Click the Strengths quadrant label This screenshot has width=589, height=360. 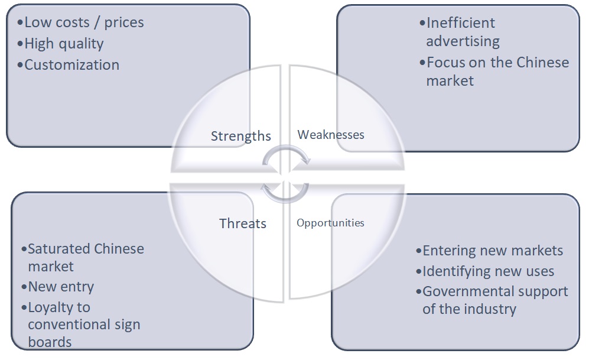click(240, 136)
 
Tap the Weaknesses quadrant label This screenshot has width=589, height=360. click(331, 135)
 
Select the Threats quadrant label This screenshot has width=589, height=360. click(243, 223)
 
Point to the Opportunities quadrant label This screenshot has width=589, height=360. click(330, 223)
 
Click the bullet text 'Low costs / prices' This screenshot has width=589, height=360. click(84, 23)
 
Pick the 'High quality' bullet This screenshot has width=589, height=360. click(64, 44)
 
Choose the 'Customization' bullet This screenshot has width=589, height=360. click(71, 65)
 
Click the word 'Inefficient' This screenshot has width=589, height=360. click(461, 24)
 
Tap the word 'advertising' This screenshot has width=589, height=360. click(463, 41)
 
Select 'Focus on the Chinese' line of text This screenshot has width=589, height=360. click(497, 63)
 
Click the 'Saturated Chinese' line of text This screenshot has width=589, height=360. click(86, 249)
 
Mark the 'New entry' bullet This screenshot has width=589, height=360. click(61, 287)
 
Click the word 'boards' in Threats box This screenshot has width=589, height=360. click(50, 342)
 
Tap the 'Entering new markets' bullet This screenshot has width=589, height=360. click(493, 251)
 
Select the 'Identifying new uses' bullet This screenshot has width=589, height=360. click(489, 271)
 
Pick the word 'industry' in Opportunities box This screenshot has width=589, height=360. click(490, 309)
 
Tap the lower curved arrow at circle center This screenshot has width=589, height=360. click(285, 192)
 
